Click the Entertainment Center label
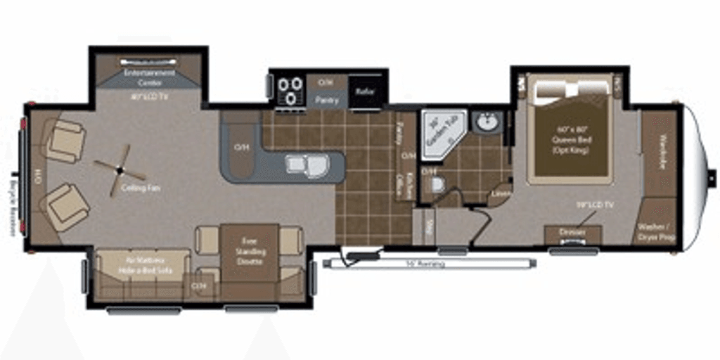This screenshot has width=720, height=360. click(149, 77)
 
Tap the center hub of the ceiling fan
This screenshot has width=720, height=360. click(120, 169)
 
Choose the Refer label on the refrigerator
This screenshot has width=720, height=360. click(364, 91)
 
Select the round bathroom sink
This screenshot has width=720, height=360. click(487, 123)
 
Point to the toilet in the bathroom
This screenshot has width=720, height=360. click(437, 185)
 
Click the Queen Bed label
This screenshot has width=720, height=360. click(570, 139)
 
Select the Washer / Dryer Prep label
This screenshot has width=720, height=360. click(656, 232)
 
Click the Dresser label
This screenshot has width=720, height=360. click(572, 231)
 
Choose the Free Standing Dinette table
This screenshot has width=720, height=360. click(250, 251)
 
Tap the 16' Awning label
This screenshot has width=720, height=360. click(425, 264)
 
